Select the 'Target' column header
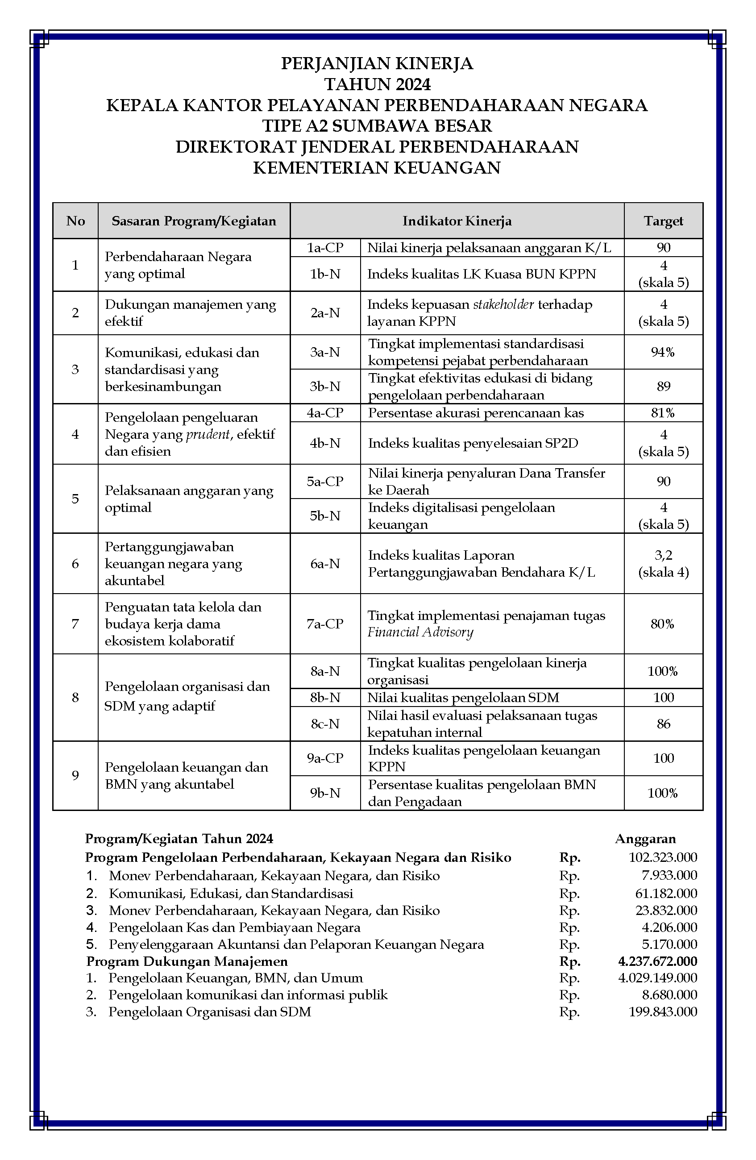pos(663,221)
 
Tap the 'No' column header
pos(75,221)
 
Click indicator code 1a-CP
pos(325,248)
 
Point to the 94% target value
pos(663,352)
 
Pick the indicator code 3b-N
pos(325,387)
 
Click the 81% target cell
pos(663,413)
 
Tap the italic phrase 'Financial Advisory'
pos(420,632)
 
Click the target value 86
pos(663,724)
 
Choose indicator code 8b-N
pos(325,698)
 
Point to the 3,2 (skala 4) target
pos(663,563)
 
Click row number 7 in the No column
pos(75,624)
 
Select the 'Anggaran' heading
pos(645,839)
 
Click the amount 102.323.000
pos(662,857)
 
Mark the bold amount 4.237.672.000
pos(657,961)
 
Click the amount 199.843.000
pos(662,1012)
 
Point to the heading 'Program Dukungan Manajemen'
pos(187,961)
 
